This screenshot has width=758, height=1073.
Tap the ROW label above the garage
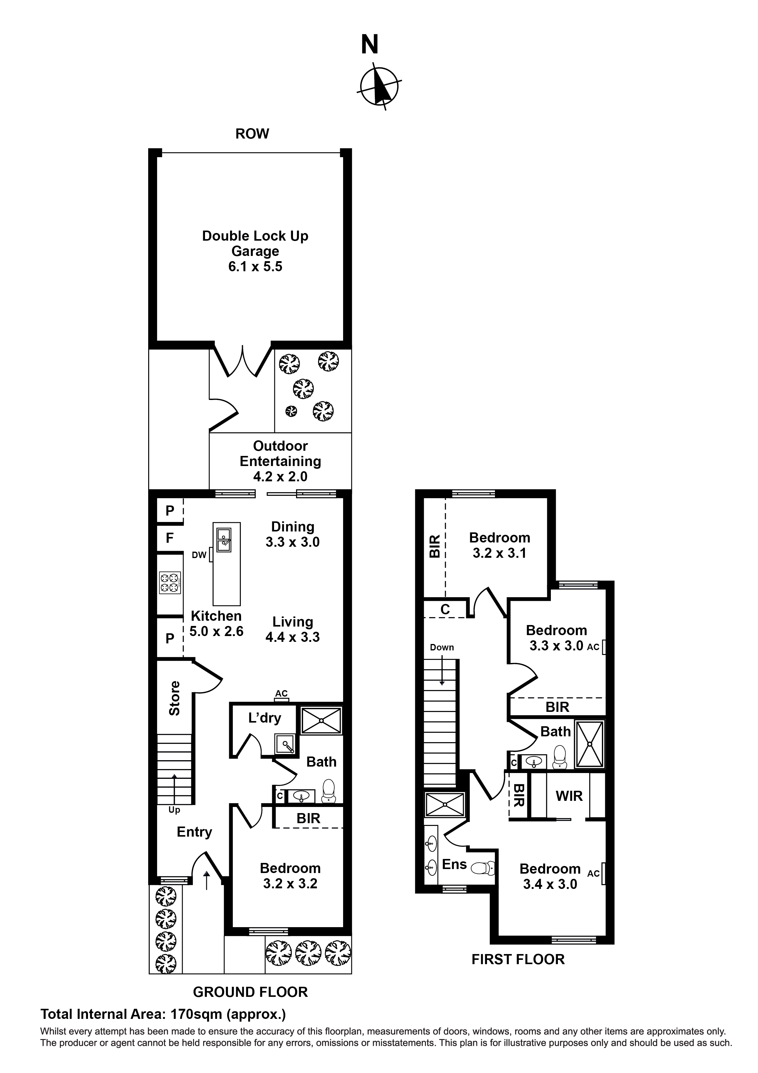pos(252,134)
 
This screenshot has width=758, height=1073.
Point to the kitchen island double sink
pos(224,540)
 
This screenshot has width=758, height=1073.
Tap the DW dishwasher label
pos(199,555)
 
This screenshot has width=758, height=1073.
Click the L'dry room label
pos(264,717)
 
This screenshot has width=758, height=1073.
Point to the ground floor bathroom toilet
pos(329,791)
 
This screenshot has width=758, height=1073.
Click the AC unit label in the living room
pos(281,694)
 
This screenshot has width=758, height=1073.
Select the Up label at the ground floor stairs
pos(174,810)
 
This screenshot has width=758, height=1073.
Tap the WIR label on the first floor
pos(569,796)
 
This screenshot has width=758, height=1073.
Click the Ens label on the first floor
pos(454,864)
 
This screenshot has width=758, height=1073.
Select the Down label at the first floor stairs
pos(442,647)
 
